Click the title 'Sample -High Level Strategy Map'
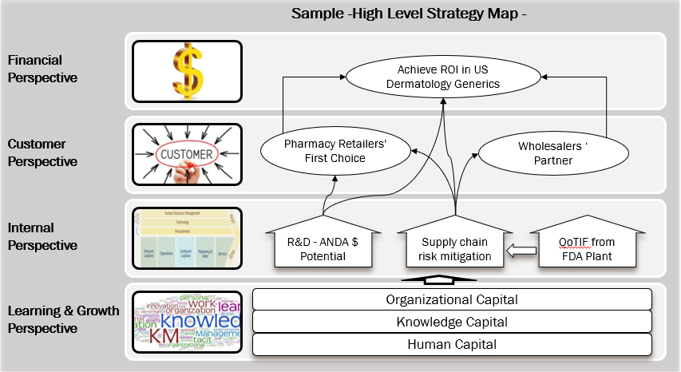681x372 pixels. point(410,14)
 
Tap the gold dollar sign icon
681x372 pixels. point(188,70)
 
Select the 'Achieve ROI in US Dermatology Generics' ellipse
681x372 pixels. point(443,77)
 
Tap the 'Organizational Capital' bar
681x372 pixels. point(452,299)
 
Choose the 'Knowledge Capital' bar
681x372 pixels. point(452,322)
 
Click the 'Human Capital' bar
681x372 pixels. point(452,344)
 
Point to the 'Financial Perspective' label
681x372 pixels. point(43,69)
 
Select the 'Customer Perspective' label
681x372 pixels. point(43,152)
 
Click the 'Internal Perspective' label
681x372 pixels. point(43,237)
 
